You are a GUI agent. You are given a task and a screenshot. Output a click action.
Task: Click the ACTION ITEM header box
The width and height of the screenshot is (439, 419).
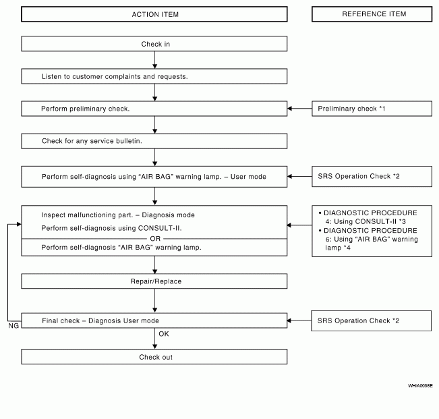click(x=154, y=14)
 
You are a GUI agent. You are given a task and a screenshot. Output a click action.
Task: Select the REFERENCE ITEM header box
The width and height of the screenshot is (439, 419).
click(x=372, y=14)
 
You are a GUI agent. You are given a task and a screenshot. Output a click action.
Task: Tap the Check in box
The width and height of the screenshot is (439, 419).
click(x=154, y=44)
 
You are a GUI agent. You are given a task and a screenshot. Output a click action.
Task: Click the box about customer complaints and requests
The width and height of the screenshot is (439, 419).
click(x=154, y=76)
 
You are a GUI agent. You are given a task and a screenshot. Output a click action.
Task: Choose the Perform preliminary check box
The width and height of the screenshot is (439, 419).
click(x=154, y=109)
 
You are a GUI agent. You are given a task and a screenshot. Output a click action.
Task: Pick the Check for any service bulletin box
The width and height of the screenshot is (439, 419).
click(x=154, y=141)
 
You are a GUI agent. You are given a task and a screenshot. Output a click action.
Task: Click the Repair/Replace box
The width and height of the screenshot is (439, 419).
click(x=154, y=281)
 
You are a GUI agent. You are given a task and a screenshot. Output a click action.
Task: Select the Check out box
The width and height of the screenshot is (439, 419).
click(x=154, y=356)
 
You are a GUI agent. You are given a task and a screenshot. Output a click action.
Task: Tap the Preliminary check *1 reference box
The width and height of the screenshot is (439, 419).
click(x=372, y=109)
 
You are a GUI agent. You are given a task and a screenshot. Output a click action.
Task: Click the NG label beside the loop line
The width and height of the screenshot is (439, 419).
click(x=13, y=326)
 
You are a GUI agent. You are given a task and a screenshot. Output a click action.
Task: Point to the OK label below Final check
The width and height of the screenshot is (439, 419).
click(x=164, y=334)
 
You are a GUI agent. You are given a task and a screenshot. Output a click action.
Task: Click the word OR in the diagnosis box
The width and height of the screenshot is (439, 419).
click(x=155, y=239)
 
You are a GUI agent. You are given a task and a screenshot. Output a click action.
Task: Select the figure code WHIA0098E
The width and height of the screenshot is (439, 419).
click(x=420, y=386)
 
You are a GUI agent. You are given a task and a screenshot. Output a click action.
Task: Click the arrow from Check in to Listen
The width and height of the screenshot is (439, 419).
click(x=155, y=60)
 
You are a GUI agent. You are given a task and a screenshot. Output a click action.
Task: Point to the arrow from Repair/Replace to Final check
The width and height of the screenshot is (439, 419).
click(x=155, y=301)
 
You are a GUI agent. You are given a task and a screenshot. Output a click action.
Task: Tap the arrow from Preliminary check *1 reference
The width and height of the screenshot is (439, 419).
click(x=299, y=109)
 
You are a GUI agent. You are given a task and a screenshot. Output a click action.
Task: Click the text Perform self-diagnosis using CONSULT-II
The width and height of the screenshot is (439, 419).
click(x=111, y=228)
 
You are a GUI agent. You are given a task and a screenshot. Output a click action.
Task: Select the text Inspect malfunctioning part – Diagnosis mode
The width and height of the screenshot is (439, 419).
click(x=118, y=215)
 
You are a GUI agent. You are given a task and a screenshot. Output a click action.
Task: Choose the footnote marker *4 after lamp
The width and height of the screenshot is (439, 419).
click(x=347, y=248)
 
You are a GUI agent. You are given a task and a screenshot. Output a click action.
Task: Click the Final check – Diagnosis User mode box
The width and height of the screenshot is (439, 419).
click(x=154, y=320)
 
